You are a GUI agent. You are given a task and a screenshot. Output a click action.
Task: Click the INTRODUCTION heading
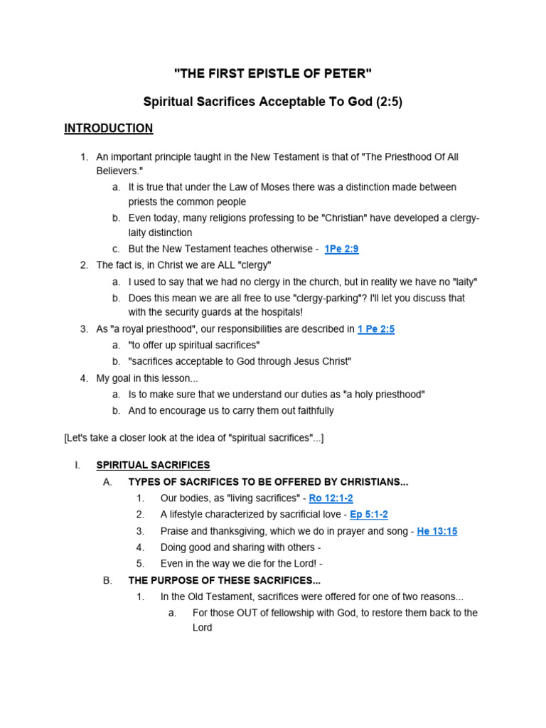pos(108,129)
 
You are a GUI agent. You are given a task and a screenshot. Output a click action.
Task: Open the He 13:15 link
pos(437,531)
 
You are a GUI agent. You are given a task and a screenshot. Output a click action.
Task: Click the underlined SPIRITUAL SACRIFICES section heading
pos(153,465)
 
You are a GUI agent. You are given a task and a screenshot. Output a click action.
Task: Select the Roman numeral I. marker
pos(77,465)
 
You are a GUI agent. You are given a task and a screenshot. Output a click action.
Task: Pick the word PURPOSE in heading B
pos(175,580)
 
